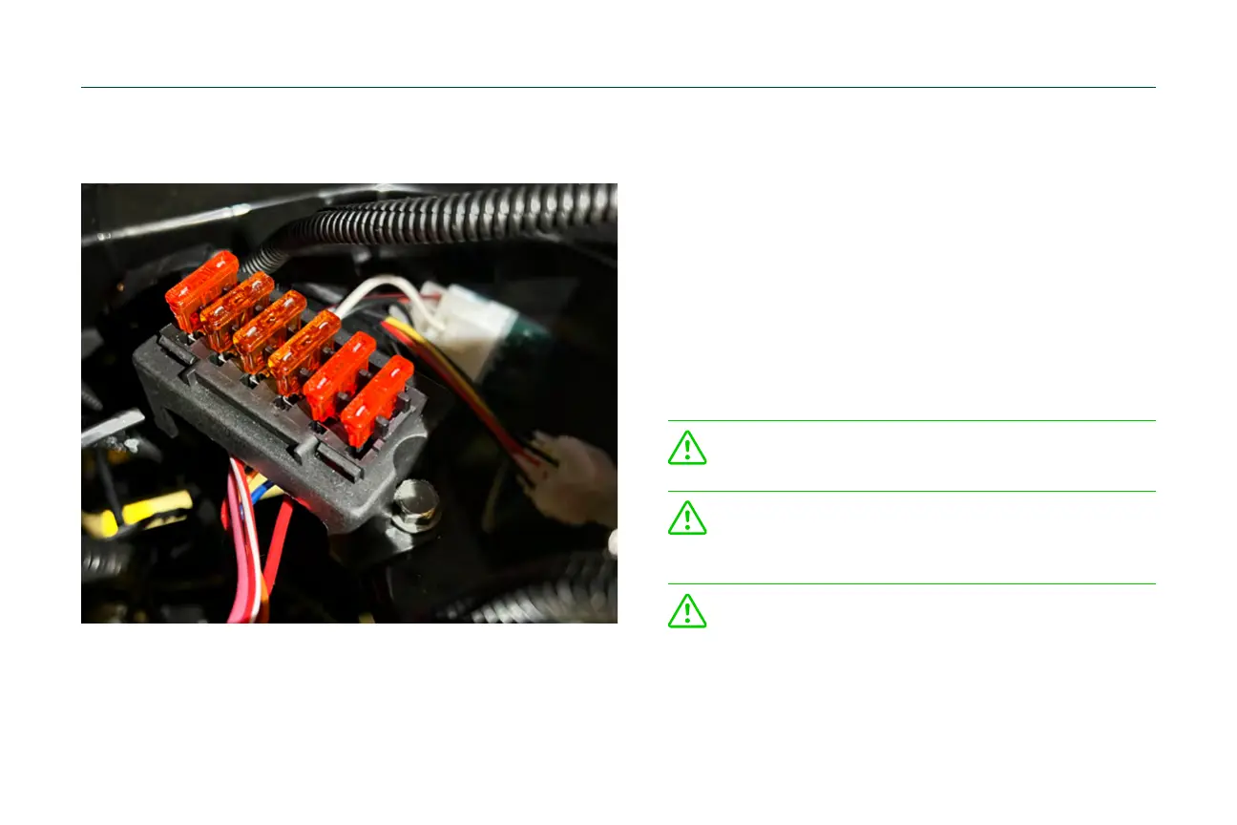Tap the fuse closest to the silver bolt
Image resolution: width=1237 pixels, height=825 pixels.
[377, 400]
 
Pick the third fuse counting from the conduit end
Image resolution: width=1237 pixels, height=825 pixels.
[269, 330]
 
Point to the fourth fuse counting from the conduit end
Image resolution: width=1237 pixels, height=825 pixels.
[304, 350]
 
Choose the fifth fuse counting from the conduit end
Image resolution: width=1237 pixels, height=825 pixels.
[339, 374]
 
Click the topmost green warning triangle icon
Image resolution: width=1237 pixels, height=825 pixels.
[687, 448]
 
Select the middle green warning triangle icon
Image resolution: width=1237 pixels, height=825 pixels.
[687, 518]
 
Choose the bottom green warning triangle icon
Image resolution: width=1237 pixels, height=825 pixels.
[687, 610]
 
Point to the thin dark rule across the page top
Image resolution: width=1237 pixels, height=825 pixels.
[618, 88]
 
